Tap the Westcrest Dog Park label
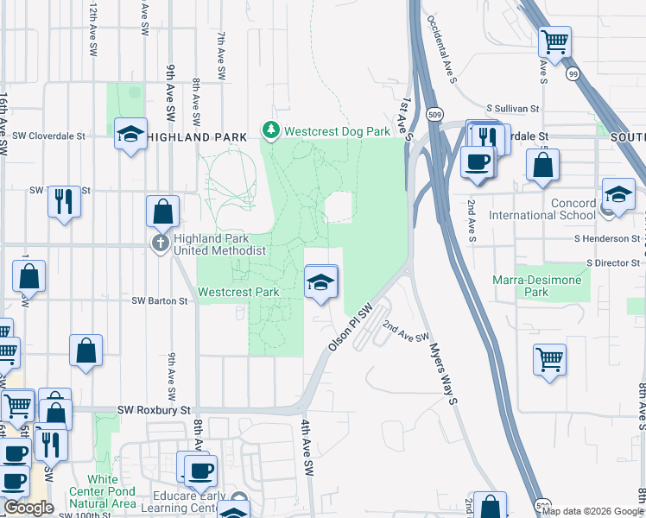point(338,131)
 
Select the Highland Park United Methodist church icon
point(160,243)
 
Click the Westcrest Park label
point(238,292)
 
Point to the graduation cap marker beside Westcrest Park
point(320,282)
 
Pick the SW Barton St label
point(159,301)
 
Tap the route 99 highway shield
point(572,75)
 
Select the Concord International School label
point(542,209)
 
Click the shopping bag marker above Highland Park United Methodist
point(162,211)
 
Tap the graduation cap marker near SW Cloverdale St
point(130,134)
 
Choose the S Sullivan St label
point(512,110)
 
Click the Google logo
point(28,508)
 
